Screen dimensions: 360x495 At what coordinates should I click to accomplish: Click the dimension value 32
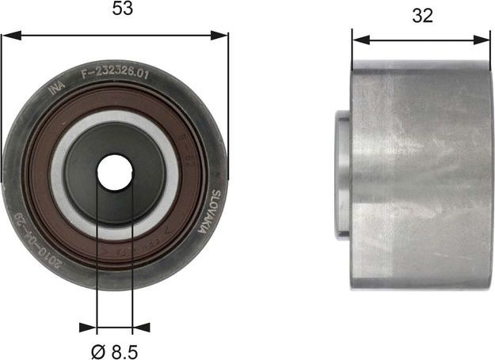click(422, 16)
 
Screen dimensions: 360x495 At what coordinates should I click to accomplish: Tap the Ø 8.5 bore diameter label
click(115, 347)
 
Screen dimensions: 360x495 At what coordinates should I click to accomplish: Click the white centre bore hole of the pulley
click(115, 172)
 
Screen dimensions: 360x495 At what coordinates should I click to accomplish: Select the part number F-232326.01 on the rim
click(115, 73)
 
